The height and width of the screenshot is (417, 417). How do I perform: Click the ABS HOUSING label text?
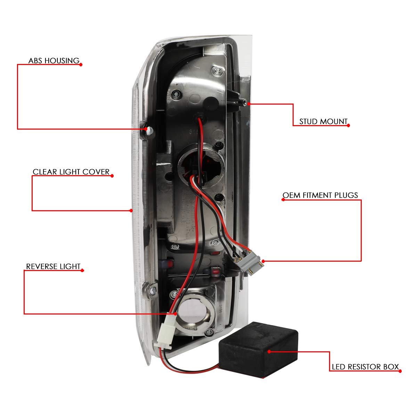[x=54, y=61]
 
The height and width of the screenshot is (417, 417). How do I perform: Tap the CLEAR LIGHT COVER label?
[x=71, y=172]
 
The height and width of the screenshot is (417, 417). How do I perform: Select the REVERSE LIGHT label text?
[x=53, y=267]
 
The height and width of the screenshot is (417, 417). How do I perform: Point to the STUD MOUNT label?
[x=323, y=122]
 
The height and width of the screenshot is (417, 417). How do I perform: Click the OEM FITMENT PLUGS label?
[x=320, y=195]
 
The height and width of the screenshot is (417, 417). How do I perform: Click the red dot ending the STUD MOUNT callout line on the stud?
[x=249, y=104]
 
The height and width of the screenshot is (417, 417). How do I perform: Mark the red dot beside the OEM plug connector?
[x=263, y=261]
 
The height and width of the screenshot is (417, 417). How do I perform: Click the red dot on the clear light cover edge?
[x=131, y=211]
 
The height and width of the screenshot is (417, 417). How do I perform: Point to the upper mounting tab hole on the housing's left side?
[x=149, y=131]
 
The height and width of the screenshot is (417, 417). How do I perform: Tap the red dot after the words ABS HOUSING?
[x=81, y=65]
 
